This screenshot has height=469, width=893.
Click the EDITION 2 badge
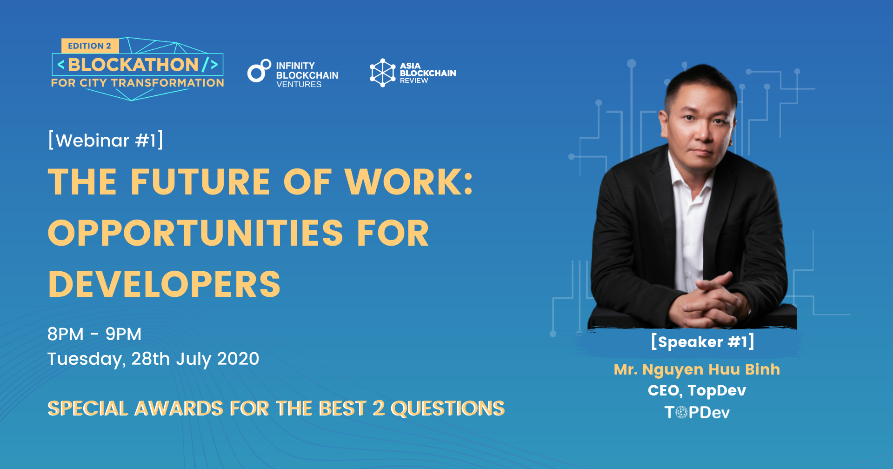click(x=90, y=46)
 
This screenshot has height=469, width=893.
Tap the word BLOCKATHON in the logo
click(x=133, y=65)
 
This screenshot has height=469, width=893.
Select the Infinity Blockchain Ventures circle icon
click(x=259, y=71)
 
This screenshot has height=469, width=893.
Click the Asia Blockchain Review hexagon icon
click(x=382, y=73)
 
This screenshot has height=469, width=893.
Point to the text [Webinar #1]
click(x=106, y=140)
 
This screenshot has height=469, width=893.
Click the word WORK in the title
click(x=408, y=181)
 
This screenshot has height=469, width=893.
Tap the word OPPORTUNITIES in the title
click(x=196, y=233)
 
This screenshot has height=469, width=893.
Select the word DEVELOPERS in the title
click(x=164, y=284)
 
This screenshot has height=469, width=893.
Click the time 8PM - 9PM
click(x=94, y=334)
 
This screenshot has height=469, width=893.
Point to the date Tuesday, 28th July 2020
click(x=153, y=359)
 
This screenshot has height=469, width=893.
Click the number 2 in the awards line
click(x=379, y=409)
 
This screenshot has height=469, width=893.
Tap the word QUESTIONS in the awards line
click(x=447, y=409)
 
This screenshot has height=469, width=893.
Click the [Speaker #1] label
click(x=702, y=342)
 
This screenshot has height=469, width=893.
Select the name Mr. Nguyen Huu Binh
click(x=697, y=369)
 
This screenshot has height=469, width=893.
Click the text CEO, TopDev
click(x=697, y=390)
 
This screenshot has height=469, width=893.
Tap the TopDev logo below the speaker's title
click(x=697, y=412)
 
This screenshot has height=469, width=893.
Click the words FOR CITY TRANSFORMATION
click(x=138, y=83)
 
